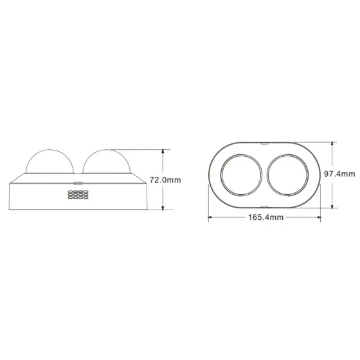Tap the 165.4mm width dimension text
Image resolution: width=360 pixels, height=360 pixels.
pos(265,218)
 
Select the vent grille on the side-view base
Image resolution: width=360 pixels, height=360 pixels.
pos(76,195)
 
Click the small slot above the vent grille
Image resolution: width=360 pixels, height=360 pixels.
pos(78,183)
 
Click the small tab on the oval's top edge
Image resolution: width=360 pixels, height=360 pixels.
pos(264,141)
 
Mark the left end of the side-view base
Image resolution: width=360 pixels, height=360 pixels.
pos(12,193)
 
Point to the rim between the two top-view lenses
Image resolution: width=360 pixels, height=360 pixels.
pos(264,174)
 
